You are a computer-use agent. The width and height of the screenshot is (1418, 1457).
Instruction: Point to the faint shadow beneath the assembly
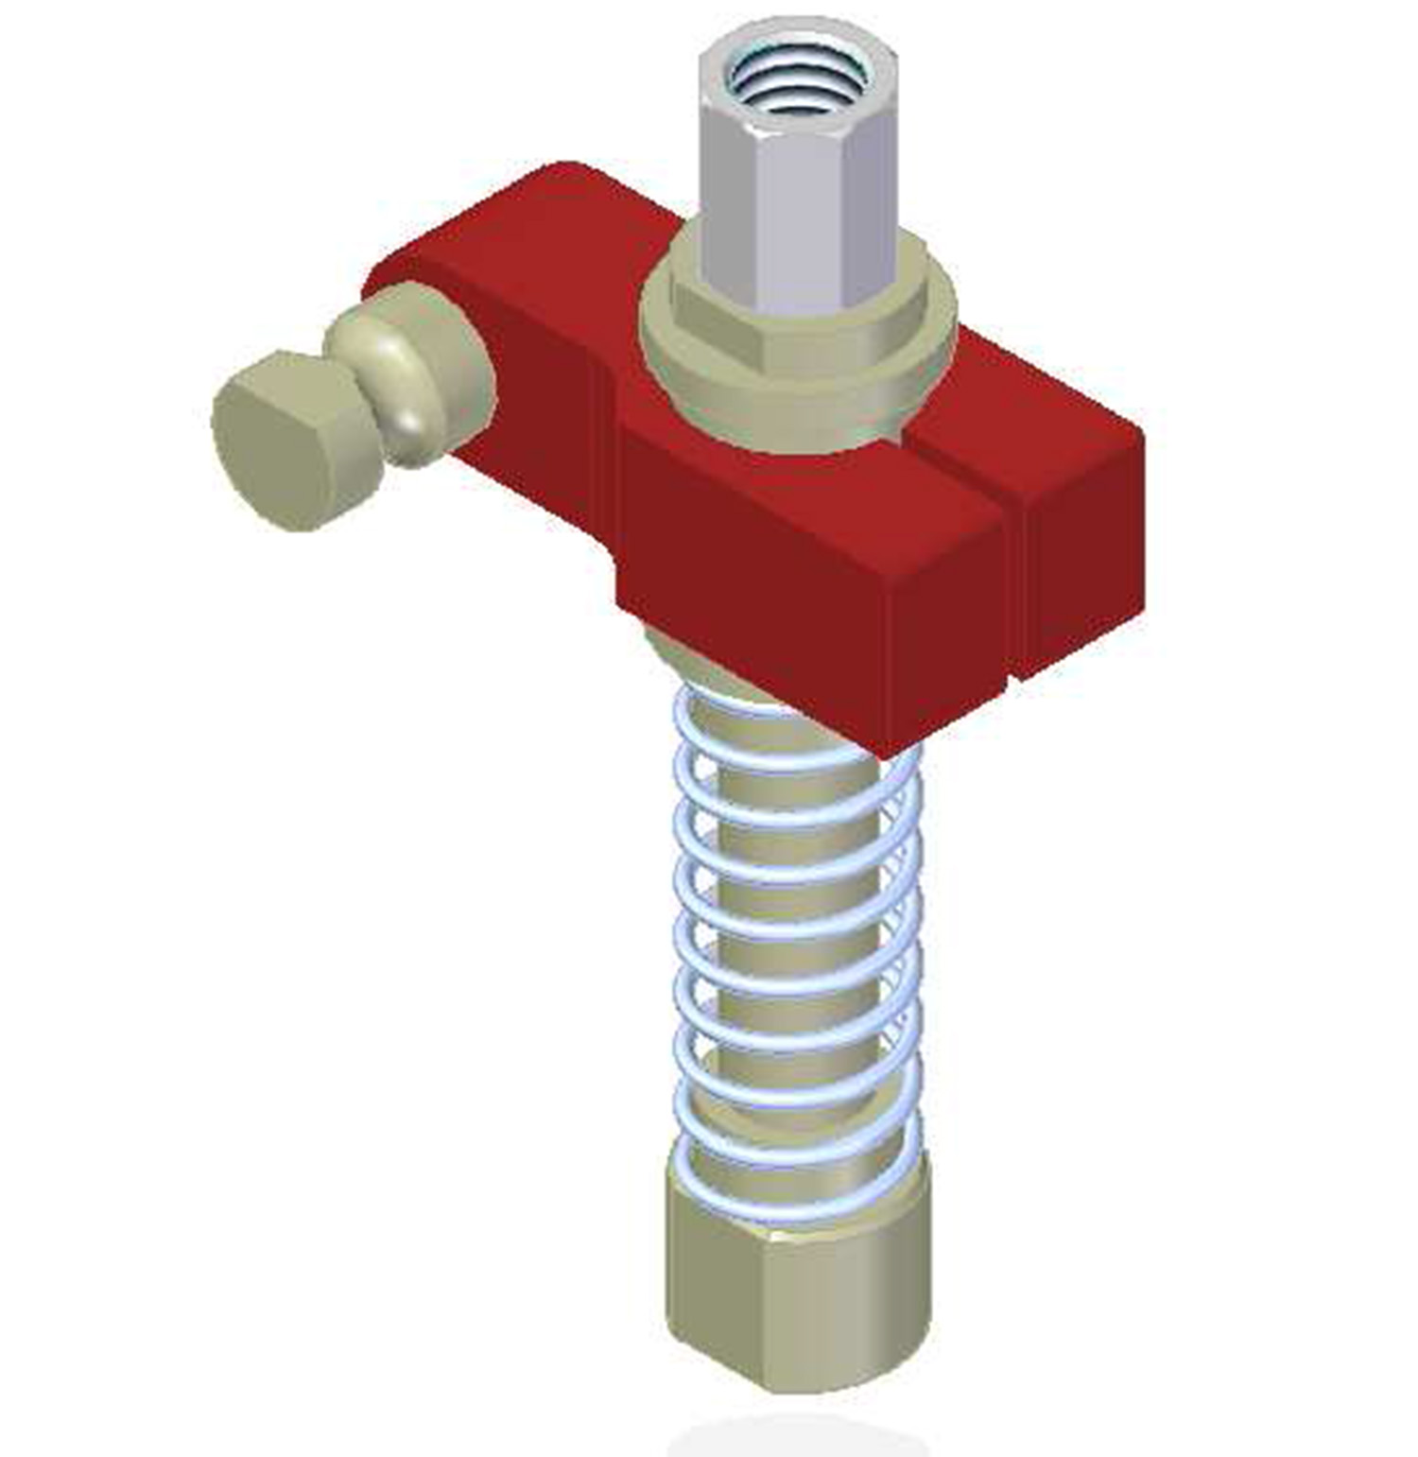coord(794,1437)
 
